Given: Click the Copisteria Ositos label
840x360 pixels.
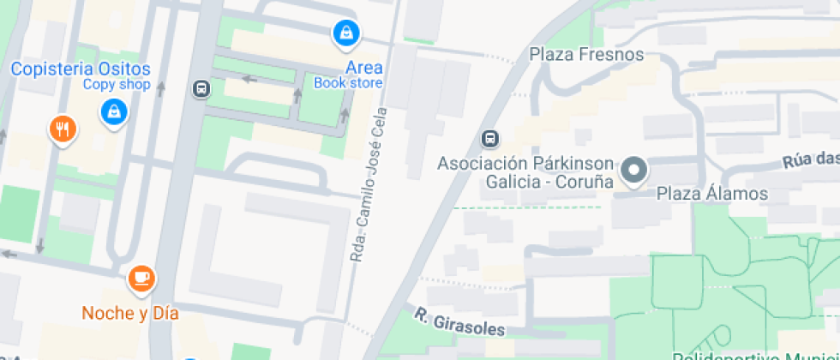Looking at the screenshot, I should pos(81,69).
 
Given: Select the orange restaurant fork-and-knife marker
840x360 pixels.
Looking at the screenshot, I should pos(63,129).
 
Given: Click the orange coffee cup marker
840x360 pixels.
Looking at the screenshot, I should pos(141,278).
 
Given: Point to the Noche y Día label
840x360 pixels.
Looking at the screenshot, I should pos(129,313).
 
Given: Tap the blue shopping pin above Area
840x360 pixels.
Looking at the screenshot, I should pos(345,33).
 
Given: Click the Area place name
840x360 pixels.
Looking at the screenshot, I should pos(364,68).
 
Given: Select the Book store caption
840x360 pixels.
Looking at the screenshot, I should pos(348,83).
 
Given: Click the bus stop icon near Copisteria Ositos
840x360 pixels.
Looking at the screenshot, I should pos(201,88).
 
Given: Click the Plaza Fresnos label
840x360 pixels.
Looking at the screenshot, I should pos(586,55).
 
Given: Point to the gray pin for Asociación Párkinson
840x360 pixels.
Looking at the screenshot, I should pos(635,170).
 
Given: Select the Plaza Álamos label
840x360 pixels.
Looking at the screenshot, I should pos(712,194).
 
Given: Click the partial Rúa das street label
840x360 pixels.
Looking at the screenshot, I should pos(810,160).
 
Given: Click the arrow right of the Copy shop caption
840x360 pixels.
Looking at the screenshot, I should pos(159,85).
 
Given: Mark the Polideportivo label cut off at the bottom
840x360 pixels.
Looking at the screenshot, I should pos(754,356).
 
